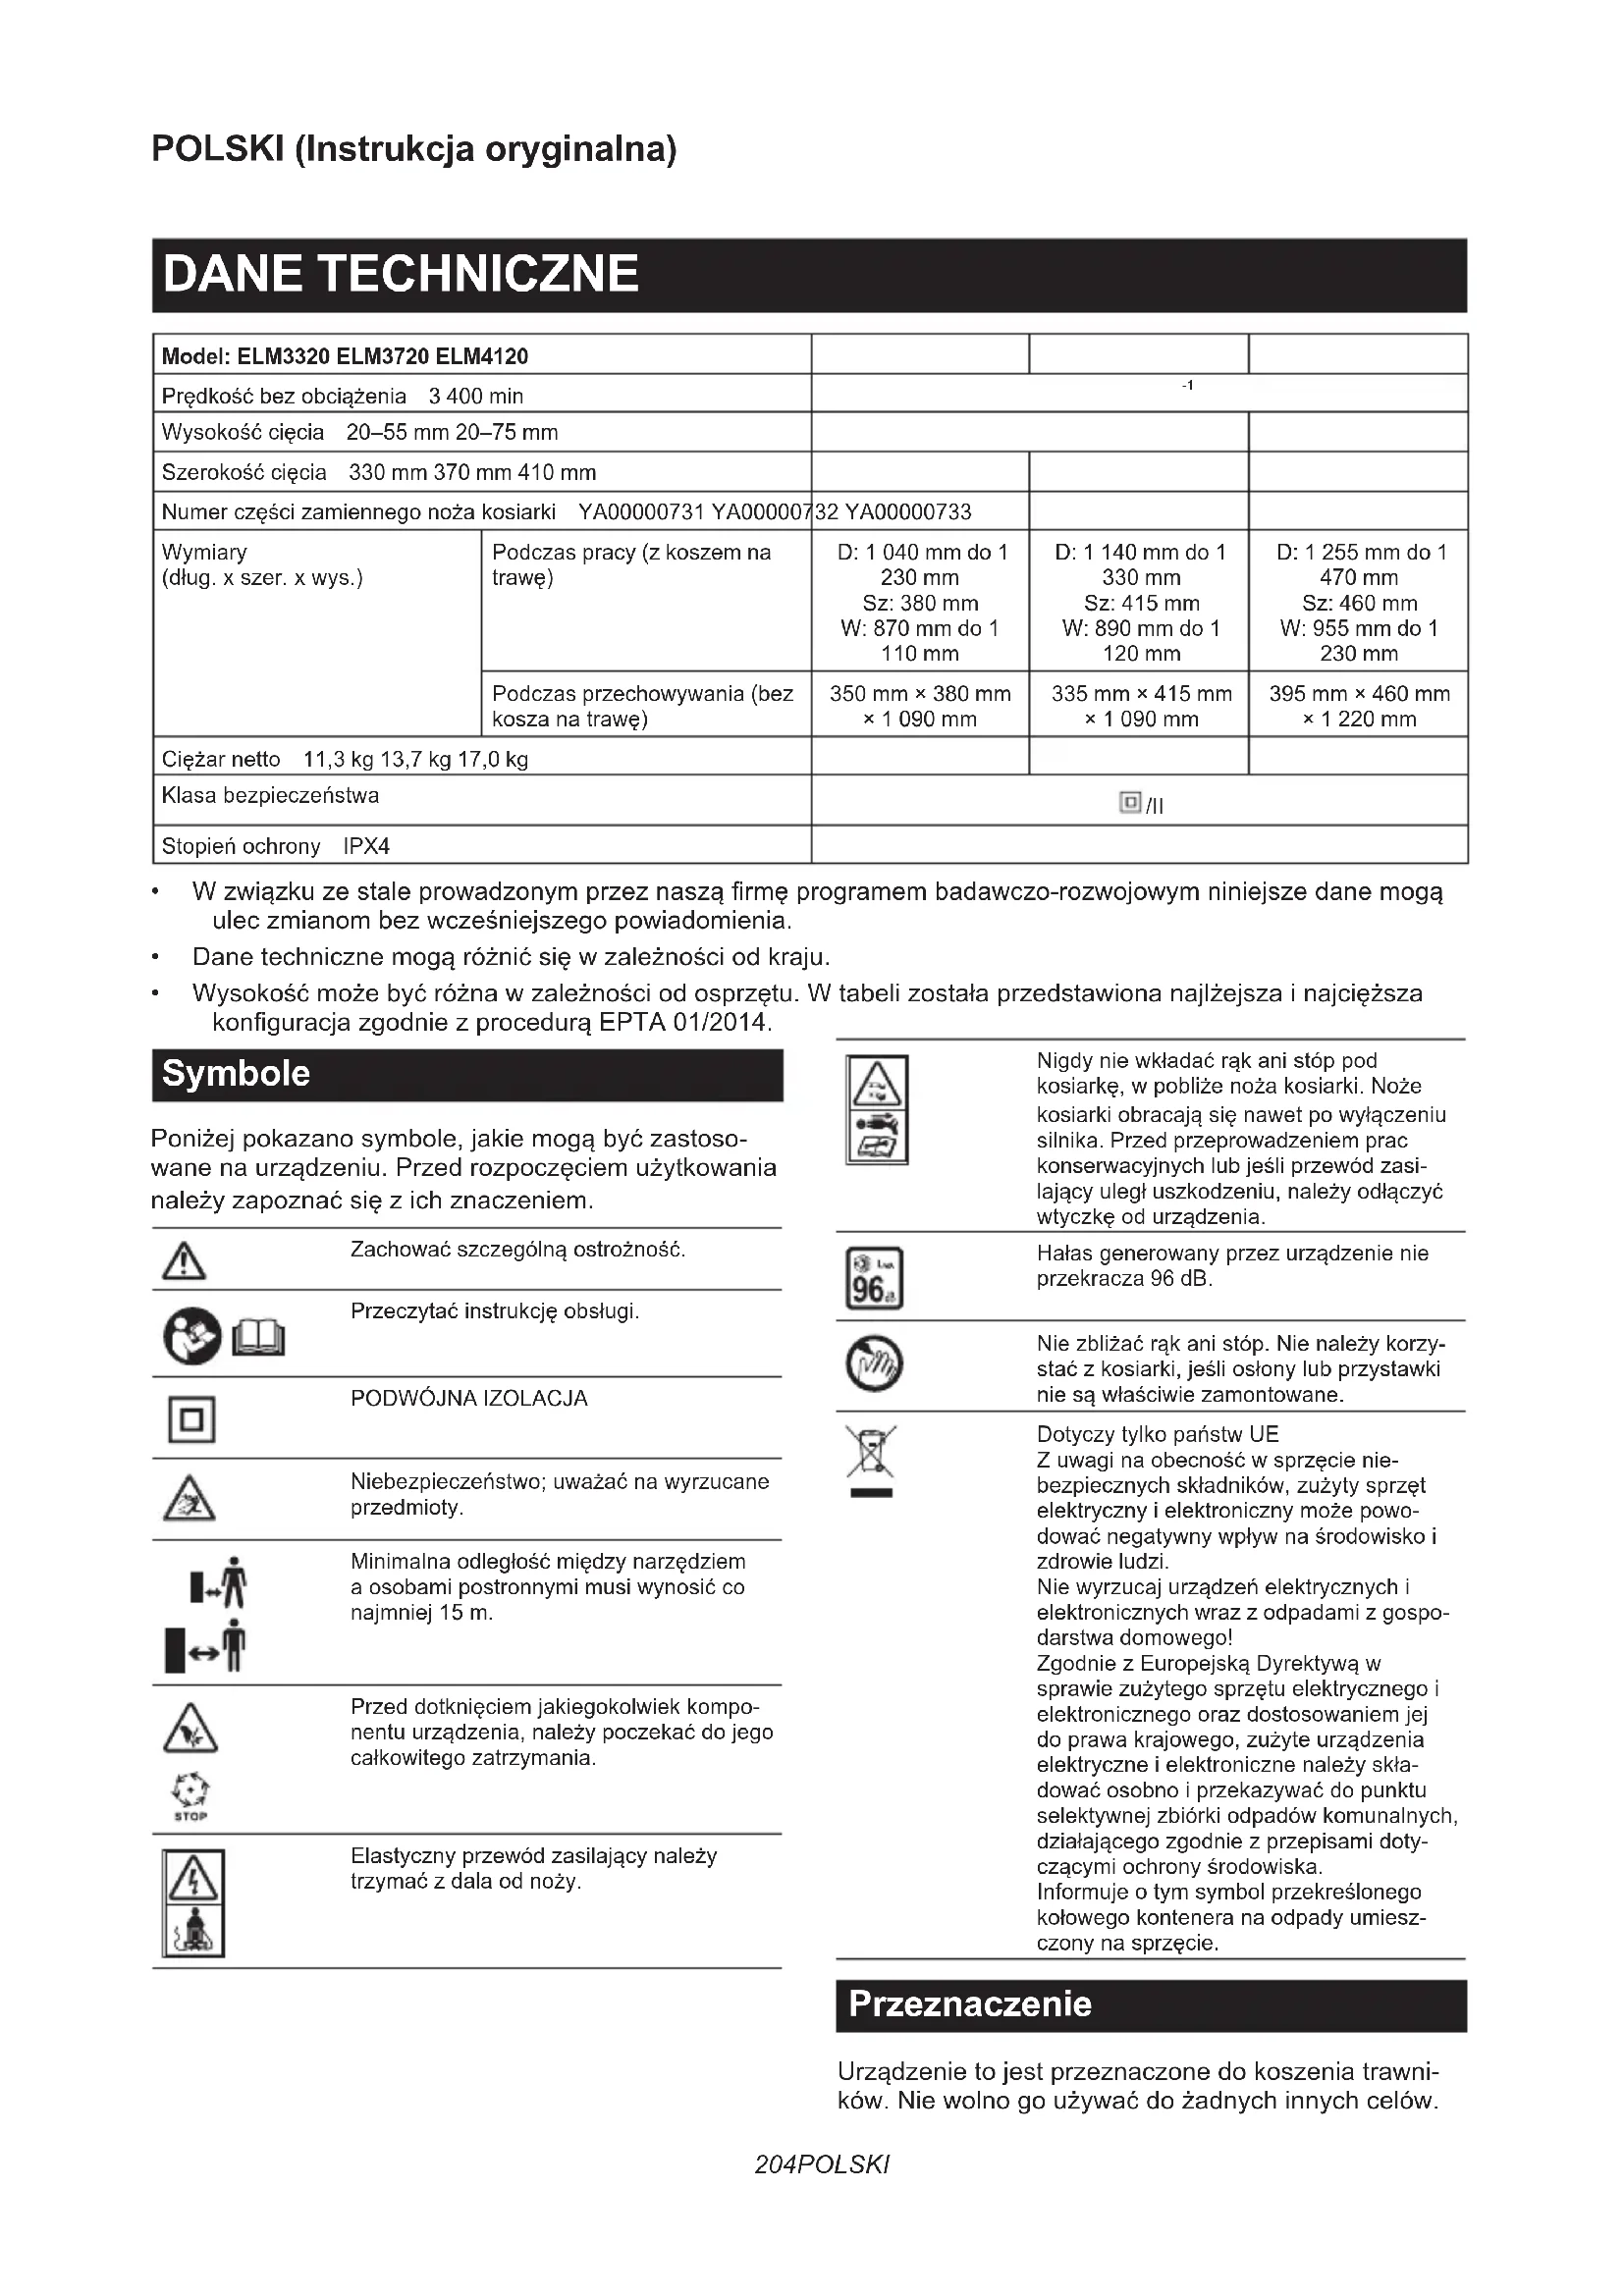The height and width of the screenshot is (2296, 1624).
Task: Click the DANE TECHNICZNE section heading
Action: pos(400,274)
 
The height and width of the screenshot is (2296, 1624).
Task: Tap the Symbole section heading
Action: pos(236,1074)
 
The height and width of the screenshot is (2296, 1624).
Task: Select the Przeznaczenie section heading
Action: pos(969,2004)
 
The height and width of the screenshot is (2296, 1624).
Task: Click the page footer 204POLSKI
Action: pos(821,2165)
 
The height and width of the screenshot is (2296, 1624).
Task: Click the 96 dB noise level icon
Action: pos(873,1278)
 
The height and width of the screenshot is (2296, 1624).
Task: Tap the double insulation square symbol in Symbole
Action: pos(191,1420)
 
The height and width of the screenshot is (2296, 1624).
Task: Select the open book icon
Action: pos(258,1338)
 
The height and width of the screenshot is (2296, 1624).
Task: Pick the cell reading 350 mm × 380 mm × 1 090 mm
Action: pos(920,706)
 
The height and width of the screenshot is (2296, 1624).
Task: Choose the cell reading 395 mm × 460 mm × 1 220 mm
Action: pos(1359,706)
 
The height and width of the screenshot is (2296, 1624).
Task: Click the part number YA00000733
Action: pos(908,512)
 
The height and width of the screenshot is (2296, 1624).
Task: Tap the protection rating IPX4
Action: pos(366,846)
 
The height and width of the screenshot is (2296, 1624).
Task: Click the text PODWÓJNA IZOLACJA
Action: pos(469,1398)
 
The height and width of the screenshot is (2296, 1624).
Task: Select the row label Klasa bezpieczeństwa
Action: pos(270,796)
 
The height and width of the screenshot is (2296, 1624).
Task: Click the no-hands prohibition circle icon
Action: pos(874,1364)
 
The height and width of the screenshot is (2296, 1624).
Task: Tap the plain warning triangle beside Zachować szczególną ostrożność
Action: pos(184,1262)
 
